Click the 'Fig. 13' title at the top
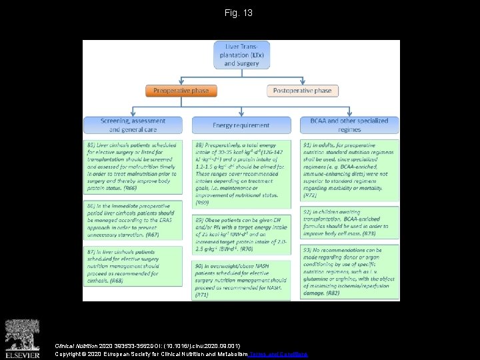click(x=239, y=13)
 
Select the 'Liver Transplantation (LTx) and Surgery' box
click(x=241, y=54)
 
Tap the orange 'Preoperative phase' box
click(x=181, y=91)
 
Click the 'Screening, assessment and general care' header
click(x=133, y=125)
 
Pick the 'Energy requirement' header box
click(x=241, y=125)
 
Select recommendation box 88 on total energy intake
click(x=241, y=172)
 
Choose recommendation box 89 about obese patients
click(x=241, y=233)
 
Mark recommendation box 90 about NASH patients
click(x=241, y=280)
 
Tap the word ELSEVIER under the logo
click(x=23, y=353)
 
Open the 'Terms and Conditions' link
click(x=279, y=354)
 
